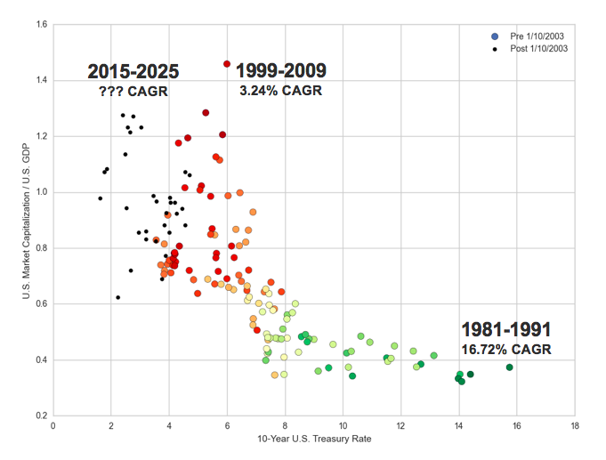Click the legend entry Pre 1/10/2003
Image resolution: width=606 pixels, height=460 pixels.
pos(536,36)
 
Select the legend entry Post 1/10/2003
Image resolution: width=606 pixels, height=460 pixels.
pos(537,48)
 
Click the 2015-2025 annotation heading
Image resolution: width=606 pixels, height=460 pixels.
pos(133,72)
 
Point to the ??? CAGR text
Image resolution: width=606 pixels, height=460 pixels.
pos(133,91)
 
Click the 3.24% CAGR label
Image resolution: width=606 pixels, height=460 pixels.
pos(282,90)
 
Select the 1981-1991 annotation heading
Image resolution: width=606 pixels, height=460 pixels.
pos(506,329)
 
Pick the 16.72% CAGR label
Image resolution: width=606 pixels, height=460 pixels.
pos(506,349)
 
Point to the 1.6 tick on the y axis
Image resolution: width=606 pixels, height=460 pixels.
pos(41,24)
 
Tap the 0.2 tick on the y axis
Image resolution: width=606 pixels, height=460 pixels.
pos(41,416)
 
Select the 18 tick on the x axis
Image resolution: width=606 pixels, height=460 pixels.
pos(575,425)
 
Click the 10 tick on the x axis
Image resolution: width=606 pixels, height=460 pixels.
pos(343,425)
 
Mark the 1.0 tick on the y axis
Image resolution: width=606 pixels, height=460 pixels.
pos(41,192)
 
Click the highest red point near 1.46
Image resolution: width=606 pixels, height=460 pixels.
pos(227,64)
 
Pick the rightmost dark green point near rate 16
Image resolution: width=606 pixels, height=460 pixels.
pos(510,367)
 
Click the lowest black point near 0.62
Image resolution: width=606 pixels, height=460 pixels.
pos(117,297)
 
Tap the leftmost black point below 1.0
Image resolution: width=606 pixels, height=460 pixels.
pos(101,198)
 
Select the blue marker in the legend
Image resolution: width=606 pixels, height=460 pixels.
pos(495,36)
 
